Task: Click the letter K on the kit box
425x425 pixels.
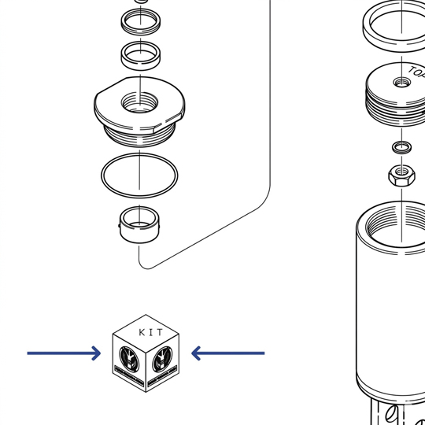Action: point(142,332)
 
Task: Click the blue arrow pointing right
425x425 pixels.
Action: point(64,353)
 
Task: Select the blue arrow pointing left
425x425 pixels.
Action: point(228,353)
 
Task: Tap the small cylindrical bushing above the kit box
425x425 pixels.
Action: point(139,225)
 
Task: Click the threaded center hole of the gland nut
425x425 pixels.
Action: point(139,103)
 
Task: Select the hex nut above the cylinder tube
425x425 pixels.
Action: point(401,176)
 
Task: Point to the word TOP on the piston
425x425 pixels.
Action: point(416,72)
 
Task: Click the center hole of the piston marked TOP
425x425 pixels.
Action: point(401,83)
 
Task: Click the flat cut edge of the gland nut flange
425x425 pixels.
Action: point(112,84)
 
